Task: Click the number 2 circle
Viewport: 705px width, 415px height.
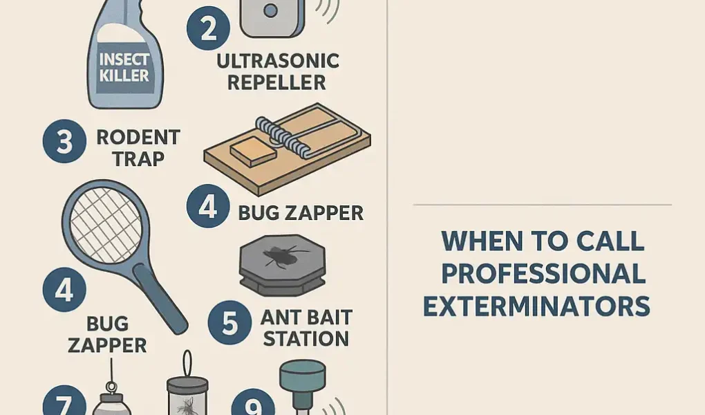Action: click(x=208, y=28)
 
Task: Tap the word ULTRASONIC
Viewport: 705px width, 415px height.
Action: click(x=278, y=62)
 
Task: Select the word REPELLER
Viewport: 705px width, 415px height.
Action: click(x=276, y=82)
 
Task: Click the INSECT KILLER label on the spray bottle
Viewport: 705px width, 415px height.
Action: click(x=124, y=68)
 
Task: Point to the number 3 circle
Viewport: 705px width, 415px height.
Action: click(x=64, y=141)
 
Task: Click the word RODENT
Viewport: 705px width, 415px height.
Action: click(x=138, y=138)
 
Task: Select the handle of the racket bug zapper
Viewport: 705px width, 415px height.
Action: click(x=160, y=299)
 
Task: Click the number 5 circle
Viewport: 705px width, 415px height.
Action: click(x=229, y=322)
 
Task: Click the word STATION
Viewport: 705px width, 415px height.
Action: click(x=306, y=338)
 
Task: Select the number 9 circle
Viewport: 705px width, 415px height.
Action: click(x=253, y=402)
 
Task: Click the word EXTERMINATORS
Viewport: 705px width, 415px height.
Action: click(x=537, y=306)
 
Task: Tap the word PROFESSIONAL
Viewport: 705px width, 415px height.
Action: click(x=543, y=273)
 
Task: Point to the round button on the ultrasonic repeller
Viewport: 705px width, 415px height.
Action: click(x=270, y=10)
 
